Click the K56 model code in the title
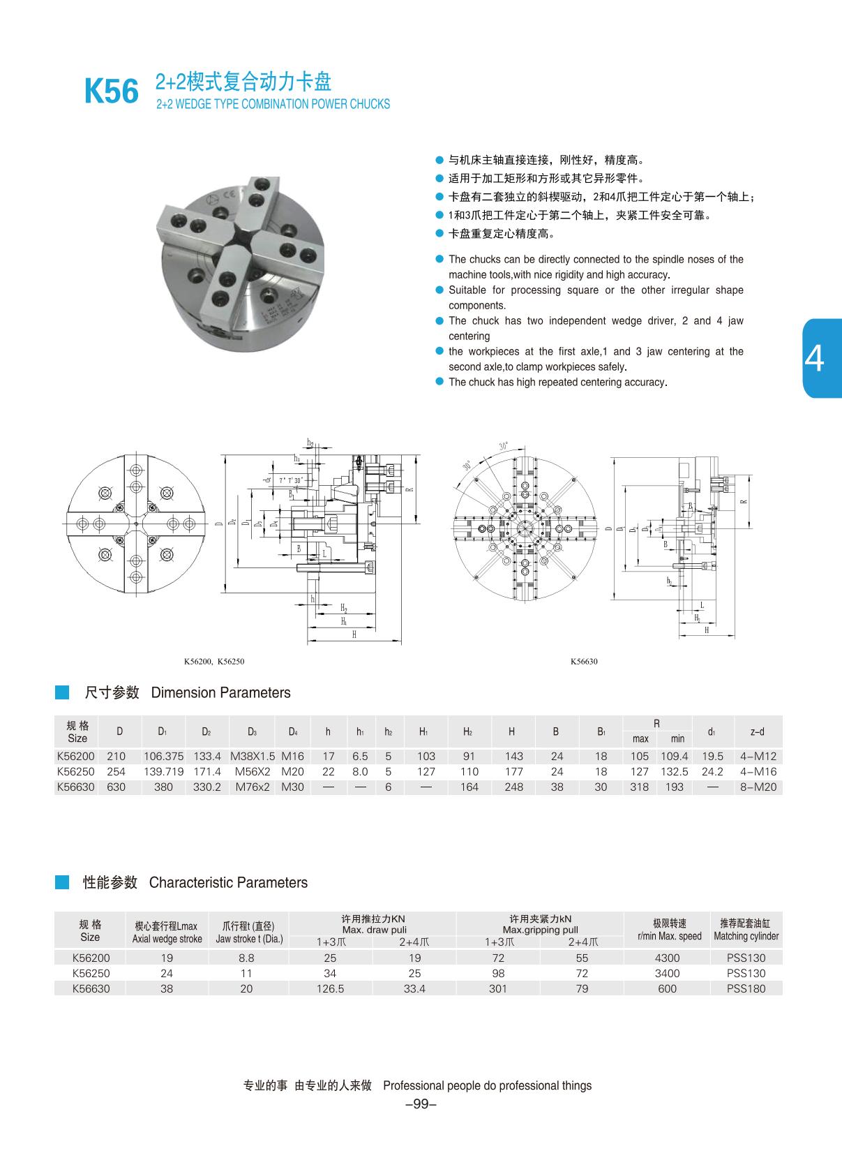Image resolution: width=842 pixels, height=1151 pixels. tap(112, 91)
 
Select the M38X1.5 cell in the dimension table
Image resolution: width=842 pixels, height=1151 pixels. tap(253, 756)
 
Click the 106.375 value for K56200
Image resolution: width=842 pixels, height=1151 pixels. tap(163, 756)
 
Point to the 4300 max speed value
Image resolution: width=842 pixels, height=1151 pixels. tap(668, 958)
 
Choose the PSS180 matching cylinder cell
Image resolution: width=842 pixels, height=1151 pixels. tap(746, 988)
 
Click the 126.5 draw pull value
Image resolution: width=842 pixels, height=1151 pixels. tap(330, 988)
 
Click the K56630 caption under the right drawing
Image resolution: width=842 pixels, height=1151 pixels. tap(584, 662)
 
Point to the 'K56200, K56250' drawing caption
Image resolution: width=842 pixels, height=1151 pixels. tap(214, 662)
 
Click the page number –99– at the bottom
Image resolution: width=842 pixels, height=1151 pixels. tap(421, 1104)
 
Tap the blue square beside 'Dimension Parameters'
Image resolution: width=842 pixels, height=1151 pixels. tap(62, 692)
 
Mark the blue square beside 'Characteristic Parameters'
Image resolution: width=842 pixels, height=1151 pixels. tap(62, 882)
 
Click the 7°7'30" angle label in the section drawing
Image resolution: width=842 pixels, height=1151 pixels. tap(290, 481)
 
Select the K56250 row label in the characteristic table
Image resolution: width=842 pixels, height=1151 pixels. tap(91, 973)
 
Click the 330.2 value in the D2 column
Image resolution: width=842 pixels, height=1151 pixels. tap(206, 787)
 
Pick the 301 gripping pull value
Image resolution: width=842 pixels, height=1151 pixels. tap(498, 988)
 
